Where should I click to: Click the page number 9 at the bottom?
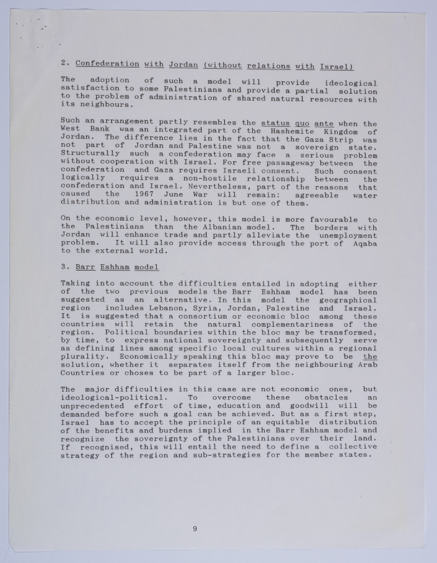(x=195, y=529)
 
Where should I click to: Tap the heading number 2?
(x=65, y=64)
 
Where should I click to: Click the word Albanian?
(x=223, y=227)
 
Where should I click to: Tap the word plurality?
(x=84, y=357)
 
